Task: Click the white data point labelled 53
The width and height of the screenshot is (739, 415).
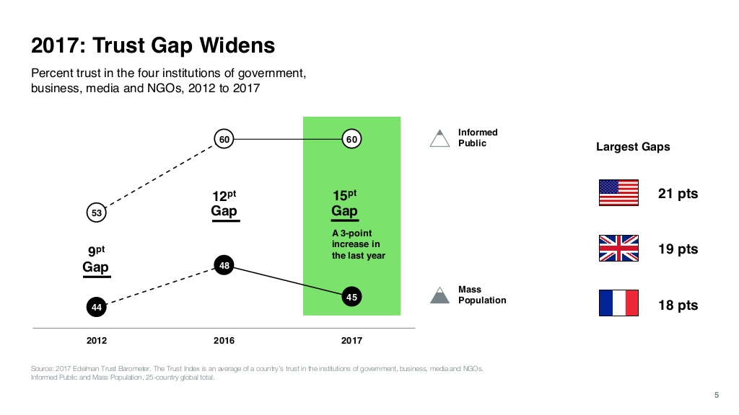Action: tap(97, 213)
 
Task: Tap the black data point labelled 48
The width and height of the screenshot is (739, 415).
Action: tap(224, 265)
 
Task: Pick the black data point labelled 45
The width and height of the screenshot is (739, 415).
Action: tap(351, 297)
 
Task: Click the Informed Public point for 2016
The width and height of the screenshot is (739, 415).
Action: tap(224, 139)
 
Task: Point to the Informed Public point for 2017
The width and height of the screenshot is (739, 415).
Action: tap(351, 139)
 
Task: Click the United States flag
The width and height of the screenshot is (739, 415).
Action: tap(618, 193)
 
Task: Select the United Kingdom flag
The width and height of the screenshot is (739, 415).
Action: tap(618, 249)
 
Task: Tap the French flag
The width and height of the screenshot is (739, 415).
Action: tap(618, 303)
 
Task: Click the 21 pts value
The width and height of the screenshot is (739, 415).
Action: tap(678, 194)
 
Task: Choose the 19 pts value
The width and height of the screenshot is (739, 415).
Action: tap(678, 249)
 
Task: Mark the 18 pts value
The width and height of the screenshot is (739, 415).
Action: tap(678, 305)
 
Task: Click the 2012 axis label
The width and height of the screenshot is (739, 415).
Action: tap(97, 340)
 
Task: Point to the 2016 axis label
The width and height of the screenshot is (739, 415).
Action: tap(224, 340)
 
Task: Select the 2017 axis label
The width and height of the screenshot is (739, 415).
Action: tap(351, 340)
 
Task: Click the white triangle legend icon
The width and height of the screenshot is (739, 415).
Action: tap(439, 138)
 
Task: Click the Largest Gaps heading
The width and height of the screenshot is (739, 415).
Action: tap(633, 147)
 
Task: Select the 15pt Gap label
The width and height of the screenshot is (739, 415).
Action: tap(344, 204)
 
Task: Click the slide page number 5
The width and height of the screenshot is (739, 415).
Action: tap(716, 393)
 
